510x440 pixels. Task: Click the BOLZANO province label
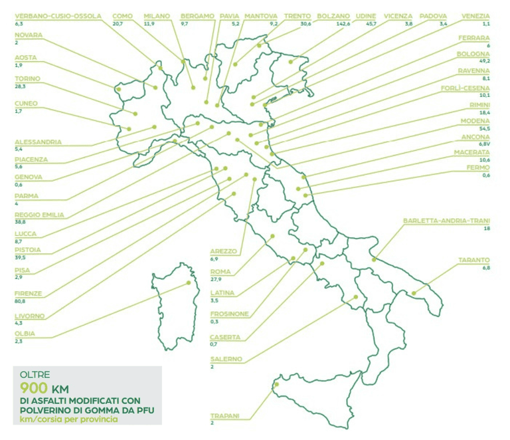pyautogui.click(x=333, y=15)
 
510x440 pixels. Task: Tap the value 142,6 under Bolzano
pyautogui.click(x=327, y=23)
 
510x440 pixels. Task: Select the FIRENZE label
pyautogui.click(x=27, y=293)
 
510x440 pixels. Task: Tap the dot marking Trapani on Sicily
pyautogui.click(x=277, y=384)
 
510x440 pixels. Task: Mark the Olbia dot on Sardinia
pyautogui.click(x=189, y=282)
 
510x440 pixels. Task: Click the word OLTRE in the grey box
pyautogui.click(x=35, y=375)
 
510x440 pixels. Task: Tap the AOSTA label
pyautogui.click(x=25, y=58)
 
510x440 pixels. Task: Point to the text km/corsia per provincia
pyautogui.click(x=70, y=420)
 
